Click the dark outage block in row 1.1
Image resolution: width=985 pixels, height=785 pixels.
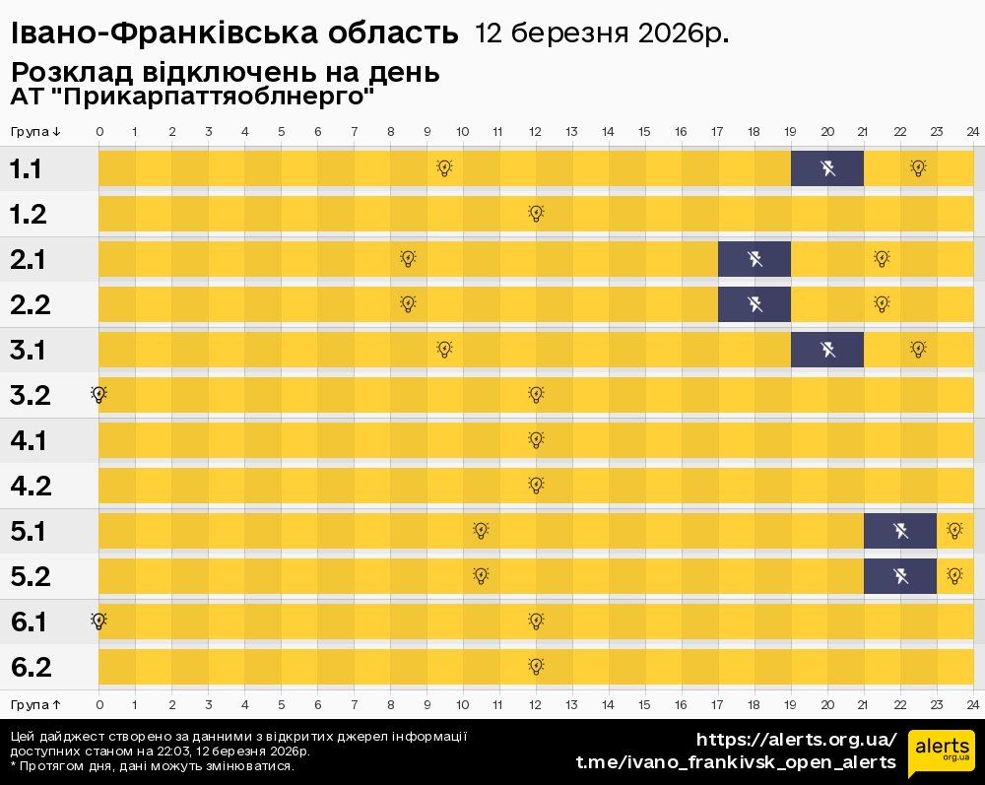827,168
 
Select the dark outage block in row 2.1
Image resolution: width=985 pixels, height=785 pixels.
755,259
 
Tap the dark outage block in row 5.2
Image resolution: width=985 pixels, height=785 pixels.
900,576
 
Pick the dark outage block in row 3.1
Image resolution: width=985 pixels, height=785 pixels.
827,350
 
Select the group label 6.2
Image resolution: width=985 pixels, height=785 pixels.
31,667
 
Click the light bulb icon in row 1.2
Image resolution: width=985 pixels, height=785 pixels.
536,213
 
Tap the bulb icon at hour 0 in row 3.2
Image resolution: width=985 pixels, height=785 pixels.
98,394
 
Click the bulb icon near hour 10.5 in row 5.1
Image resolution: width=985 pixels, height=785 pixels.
481,530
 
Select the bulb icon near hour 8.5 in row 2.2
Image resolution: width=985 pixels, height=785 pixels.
408,303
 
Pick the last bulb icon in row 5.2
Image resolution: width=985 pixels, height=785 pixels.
953,575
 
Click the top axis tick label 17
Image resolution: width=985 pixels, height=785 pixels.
717,132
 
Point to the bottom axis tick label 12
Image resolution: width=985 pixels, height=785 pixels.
535,704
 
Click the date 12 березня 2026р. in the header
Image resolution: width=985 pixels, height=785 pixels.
602,33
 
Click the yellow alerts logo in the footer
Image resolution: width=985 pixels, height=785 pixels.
941,753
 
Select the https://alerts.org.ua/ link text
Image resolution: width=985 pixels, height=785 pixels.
796,740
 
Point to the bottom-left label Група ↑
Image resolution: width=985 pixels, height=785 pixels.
35,704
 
